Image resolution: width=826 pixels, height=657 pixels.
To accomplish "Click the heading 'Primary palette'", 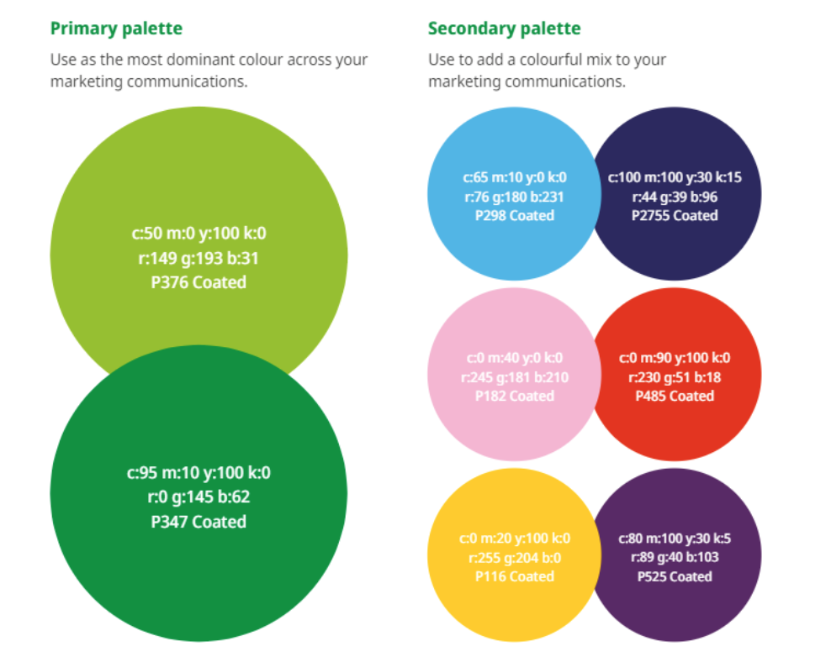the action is click(116, 29).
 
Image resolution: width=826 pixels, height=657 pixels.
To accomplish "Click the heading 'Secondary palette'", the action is click(504, 29).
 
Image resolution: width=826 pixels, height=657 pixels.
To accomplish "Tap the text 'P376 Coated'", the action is click(199, 282).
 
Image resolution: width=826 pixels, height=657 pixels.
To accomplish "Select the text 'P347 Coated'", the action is click(199, 522).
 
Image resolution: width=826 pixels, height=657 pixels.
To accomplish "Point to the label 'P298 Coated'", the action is click(514, 215).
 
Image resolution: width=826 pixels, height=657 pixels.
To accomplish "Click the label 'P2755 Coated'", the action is click(675, 215).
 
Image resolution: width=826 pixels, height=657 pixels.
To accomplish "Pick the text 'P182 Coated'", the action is click(514, 396).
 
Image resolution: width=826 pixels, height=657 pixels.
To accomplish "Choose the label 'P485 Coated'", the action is click(675, 396).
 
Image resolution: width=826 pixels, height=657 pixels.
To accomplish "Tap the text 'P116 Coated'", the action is click(514, 576).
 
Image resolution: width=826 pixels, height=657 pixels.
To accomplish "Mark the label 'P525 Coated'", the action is click(675, 576).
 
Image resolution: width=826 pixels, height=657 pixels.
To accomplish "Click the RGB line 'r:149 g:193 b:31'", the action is click(199, 259).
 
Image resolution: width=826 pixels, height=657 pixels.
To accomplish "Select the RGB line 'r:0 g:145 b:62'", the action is click(199, 497).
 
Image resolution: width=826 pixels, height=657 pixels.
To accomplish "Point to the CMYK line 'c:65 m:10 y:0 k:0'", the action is click(514, 177).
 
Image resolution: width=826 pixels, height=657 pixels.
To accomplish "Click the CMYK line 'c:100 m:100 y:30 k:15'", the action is click(675, 177).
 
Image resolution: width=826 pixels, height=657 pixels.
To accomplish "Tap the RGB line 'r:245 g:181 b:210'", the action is click(514, 377).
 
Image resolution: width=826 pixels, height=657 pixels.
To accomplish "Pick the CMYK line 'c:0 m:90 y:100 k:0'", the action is click(675, 358).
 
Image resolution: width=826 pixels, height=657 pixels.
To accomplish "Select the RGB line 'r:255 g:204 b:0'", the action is click(514, 558).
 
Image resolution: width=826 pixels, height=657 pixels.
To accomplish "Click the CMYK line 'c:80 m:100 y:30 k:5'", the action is click(675, 539).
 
